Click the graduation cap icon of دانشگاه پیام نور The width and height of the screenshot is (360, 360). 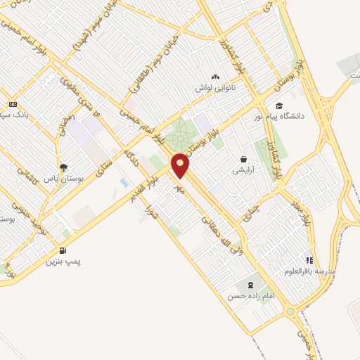tap(279, 105)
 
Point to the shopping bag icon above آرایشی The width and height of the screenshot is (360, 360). tap(243, 160)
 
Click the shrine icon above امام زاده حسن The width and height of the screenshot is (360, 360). tap(250, 285)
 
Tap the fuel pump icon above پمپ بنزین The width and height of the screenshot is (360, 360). tap(65, 250)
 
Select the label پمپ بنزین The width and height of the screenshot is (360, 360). tap(64, 262)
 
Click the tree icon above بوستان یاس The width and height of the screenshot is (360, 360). tap(63, 167)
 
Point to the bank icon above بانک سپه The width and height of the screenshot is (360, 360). tap(12, 103)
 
